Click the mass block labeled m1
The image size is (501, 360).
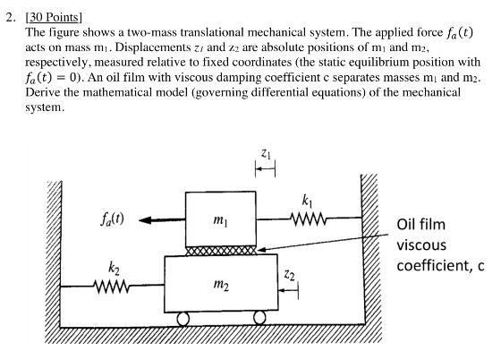pyautogui.click(x=220, y=218)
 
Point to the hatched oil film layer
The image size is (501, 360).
pyautogui.click(x=220, y=250)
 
